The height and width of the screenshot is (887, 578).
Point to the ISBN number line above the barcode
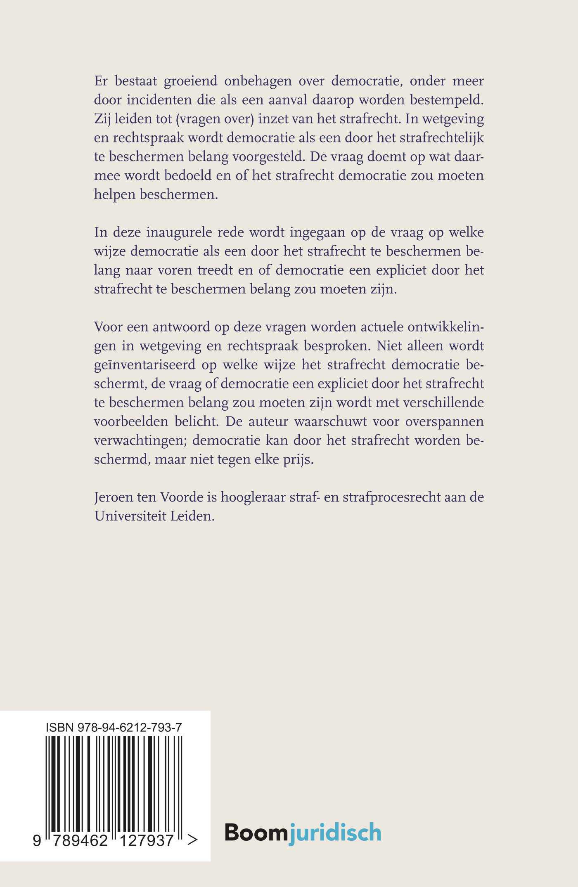pos(114,728)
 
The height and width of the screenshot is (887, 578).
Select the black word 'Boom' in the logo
pos(256,832)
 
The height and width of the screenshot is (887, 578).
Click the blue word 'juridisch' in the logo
pos(334,833)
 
